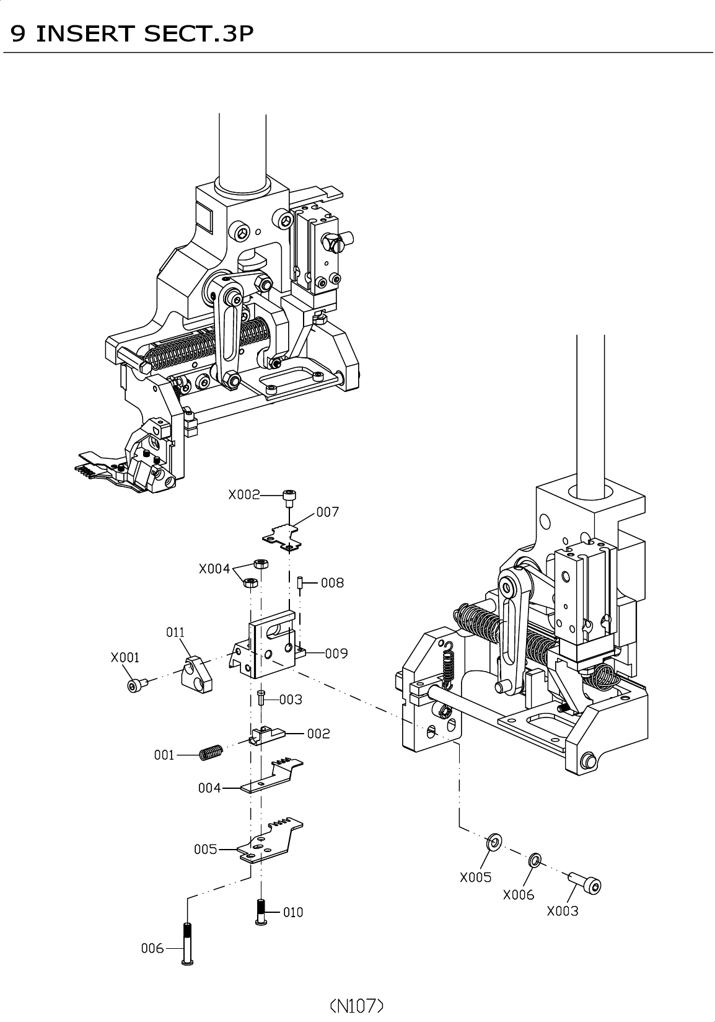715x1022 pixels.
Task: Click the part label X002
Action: [243, 495]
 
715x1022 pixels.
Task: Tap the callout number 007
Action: [328, 512]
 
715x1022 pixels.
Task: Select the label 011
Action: [175, 633]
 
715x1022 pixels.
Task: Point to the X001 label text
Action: [125, 657]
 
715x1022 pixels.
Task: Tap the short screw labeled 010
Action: [261, 912]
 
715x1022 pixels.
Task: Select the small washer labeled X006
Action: [535, 861]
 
